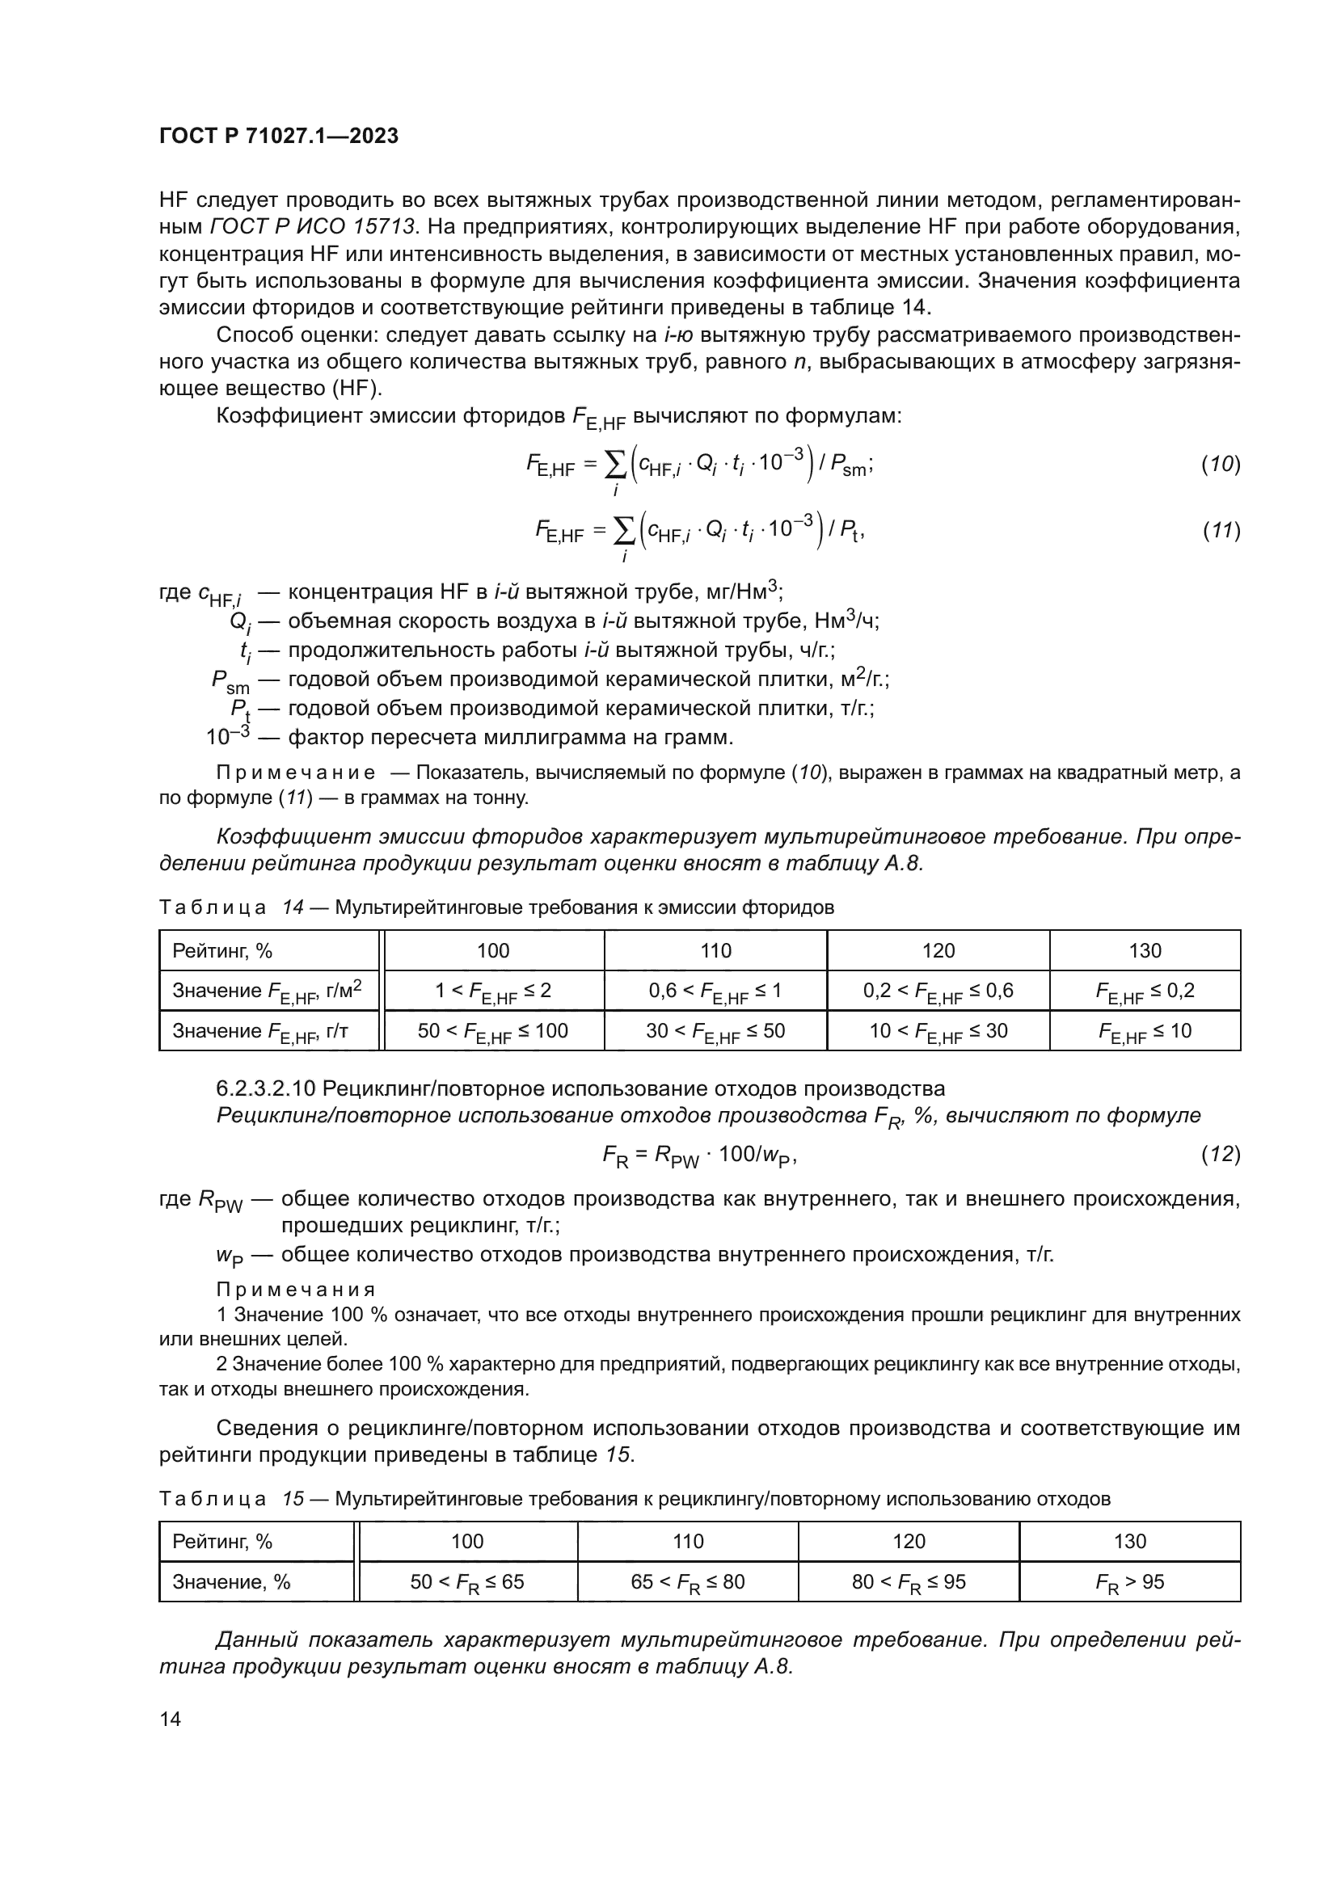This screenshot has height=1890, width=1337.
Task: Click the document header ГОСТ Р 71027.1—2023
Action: tap(278, 136)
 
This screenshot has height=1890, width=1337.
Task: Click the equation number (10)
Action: tap(1220, 465)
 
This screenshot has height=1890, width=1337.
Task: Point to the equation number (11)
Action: tap(1221, 531)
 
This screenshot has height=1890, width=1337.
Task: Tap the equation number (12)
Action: tap(1220, 1154)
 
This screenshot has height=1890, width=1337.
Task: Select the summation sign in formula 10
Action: tap(615, 465)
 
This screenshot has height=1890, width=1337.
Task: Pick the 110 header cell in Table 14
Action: tap(715, 951)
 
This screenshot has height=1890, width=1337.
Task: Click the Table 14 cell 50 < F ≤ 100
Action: tap(492, 1030)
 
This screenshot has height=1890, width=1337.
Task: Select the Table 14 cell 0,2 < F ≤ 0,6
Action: tap(938, 991)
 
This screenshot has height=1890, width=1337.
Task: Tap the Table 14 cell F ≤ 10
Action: tap(1145, 1030)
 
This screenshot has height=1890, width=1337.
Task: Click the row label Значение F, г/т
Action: tap(260, 1030)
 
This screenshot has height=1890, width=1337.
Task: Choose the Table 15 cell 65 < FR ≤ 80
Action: tap(687, 1581)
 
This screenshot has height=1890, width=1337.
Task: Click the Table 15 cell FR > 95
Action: tap(1129, 1581)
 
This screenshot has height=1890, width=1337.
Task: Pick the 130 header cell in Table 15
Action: tap(1129, 1541)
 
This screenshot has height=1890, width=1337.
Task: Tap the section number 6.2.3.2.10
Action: tap(265, 1088)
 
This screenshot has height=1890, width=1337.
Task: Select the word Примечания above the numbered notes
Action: tap(296, 1289)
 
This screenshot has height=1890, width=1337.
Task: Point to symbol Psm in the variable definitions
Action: tap(230, 680)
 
